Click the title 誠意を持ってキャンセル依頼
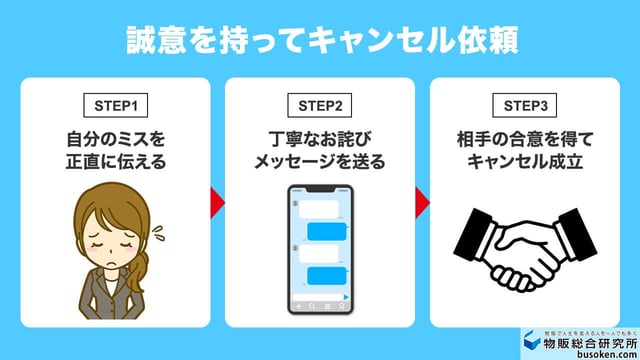320,41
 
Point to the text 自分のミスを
114,137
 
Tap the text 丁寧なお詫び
320,137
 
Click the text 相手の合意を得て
524,137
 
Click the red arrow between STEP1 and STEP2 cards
217,201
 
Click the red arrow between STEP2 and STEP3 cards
422,201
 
